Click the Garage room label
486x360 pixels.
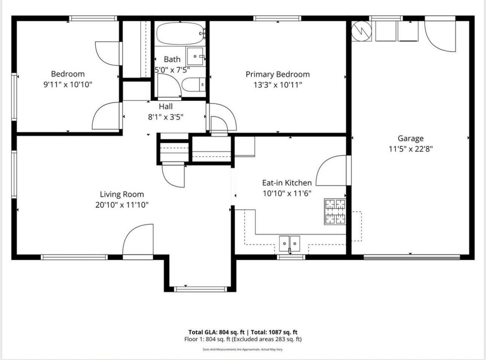click(410, 138)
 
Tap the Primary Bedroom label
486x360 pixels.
click(278, 74)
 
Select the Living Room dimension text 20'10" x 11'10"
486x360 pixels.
click(121, 205)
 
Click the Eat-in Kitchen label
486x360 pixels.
click(287, 183)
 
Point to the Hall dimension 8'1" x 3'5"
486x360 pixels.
click(166, 117)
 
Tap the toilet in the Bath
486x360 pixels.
click(194, 85)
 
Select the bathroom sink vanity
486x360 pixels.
click(196, 57)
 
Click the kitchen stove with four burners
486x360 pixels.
click(335, 211)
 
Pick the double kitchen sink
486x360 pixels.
click(289, 244)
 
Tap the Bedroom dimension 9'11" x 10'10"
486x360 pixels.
click(68, 85)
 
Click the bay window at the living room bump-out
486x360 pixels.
click(200, 289)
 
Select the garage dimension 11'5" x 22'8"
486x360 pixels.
click(410, 149)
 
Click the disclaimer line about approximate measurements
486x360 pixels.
click(243, 349)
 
